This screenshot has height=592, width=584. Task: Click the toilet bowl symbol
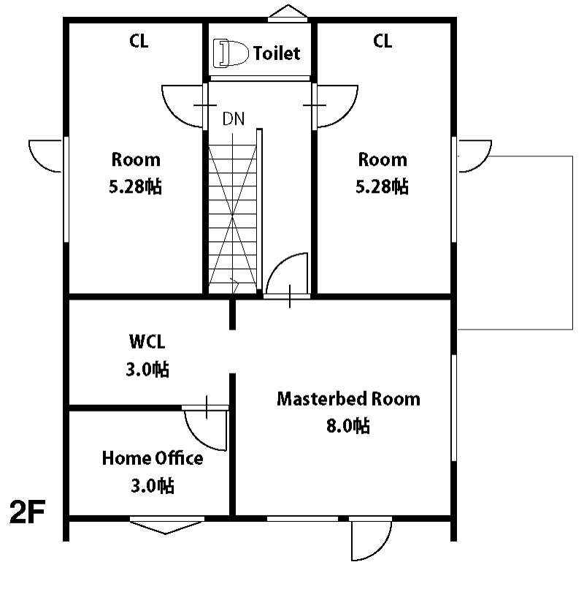(231, 53)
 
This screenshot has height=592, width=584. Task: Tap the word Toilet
(277, 53)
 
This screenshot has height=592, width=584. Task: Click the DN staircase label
(234, 118)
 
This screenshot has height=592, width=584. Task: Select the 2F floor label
(27, 512)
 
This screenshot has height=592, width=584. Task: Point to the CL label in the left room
(139, 41)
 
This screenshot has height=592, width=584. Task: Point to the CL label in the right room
(383, 41)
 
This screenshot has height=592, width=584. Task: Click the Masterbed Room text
(348, 399)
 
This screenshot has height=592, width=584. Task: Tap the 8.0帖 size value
(347, 426)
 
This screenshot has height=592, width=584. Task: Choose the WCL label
(147, 342)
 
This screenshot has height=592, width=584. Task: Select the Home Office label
(153, 458)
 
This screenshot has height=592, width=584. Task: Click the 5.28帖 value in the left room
(135, 186)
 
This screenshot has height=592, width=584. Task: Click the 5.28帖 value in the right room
(382, 186)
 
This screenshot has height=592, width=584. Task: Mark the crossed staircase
(233, 219)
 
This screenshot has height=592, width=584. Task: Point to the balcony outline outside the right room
(573, 243)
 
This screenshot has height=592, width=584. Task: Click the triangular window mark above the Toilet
(288, 11)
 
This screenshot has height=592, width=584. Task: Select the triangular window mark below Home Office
(166, 528)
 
